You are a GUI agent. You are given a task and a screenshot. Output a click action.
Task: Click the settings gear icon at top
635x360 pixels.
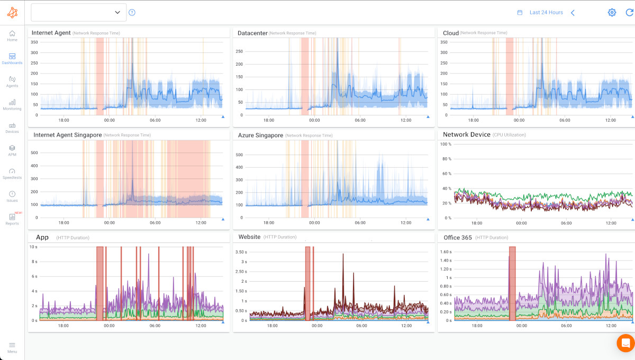pos(612,12)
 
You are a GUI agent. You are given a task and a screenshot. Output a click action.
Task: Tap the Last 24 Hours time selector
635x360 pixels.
pos(546,12)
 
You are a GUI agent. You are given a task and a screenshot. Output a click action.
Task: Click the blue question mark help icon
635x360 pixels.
pos(132,12)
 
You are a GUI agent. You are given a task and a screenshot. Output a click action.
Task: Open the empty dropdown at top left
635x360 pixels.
pos(78,12)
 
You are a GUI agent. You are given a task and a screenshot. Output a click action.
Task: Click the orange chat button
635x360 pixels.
pos(625,343)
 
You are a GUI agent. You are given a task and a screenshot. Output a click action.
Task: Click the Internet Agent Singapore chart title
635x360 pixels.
pos(67,135)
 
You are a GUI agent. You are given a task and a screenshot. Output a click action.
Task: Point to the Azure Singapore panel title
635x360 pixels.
pos(260,135)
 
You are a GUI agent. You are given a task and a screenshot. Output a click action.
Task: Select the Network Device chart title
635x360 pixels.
pos(466,134)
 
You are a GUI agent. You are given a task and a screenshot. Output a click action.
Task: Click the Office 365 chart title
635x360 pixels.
pos(457,237)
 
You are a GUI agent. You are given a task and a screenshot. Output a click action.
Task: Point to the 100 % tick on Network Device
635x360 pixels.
pos(446,144)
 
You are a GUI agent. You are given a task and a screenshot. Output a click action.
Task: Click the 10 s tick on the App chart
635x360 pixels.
pos(33,247)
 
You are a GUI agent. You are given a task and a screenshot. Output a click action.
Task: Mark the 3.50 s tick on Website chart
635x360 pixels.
pos(240,252)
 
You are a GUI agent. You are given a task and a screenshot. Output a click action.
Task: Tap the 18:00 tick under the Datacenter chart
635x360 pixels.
pos(269,120)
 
